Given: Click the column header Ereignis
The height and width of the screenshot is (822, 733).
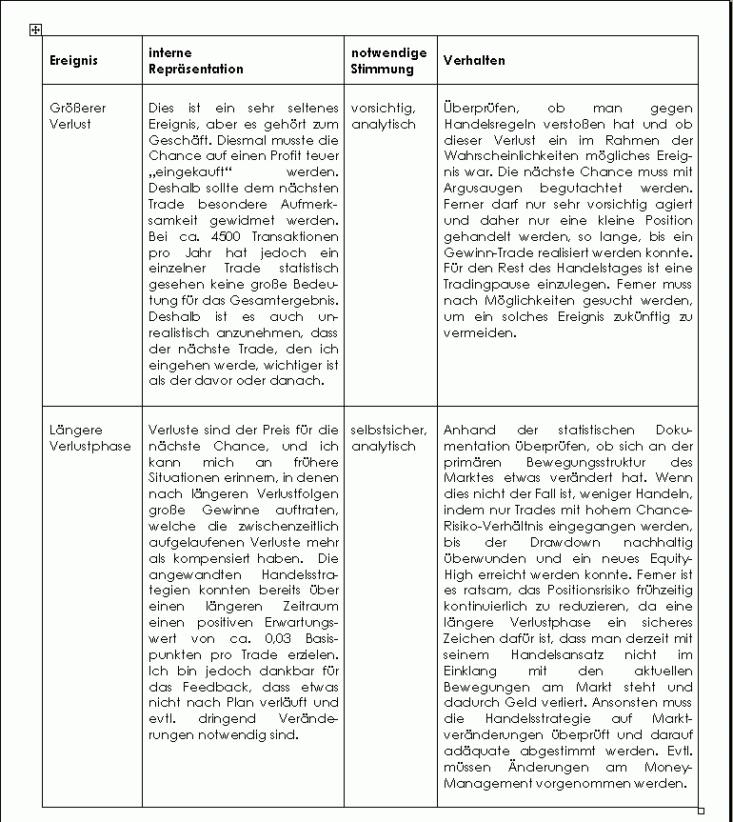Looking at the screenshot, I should (x=73, y=60).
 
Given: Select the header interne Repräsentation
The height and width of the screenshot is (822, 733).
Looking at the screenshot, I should (x=196, y=60).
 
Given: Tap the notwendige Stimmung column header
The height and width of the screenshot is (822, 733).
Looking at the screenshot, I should (x=388, y=60).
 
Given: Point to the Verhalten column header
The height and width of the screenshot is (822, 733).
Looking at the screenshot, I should (x=474, y=60).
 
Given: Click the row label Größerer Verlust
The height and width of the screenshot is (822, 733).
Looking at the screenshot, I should (x=77, y=115).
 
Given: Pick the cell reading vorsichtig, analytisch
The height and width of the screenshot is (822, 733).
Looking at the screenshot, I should (x=383, y=115).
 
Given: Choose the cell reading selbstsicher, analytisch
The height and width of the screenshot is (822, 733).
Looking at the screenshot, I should (x=388, y=437).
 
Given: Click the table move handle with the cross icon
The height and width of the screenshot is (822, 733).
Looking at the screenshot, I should (x=35, y=30).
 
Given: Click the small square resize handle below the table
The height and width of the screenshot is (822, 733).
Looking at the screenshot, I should (x=702, y=811).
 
